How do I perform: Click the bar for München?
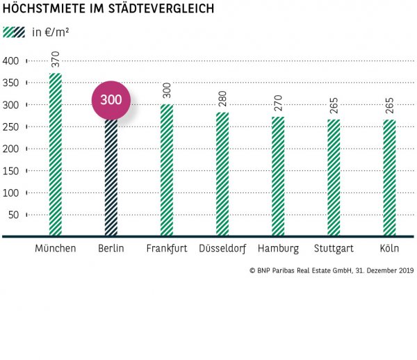(x=55, y=155)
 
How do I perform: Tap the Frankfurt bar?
(x=167, y=170)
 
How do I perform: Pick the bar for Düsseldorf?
(x=222, y=174)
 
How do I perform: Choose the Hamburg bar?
(x=278, y=177)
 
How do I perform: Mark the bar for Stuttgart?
(x=334, y=178)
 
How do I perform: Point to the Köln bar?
(x=389, y=178)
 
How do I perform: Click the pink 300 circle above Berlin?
(x=111, y=100)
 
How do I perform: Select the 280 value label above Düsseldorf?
(x=222, y=101)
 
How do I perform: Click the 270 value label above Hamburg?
(x=278, y=106)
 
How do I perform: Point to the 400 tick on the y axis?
(x=10, y=61)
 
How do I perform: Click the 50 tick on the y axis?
(x=14, y=214)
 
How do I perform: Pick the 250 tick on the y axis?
(x=10, y=126)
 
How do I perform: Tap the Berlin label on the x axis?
(x=111, y=248)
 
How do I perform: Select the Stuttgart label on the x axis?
(x=334, y=248)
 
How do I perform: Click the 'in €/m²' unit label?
(x=51, y=33)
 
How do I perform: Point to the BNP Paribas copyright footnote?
(x=330, y=270)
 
